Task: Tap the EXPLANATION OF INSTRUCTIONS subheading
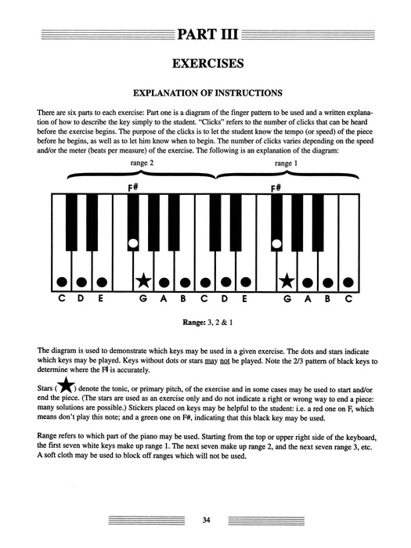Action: tap(205, 93)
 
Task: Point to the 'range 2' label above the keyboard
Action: tap(142, 162)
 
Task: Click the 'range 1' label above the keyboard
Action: tap(286, 162)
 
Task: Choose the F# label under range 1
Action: tap(276, 189)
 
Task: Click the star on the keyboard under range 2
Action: tap(143, 279)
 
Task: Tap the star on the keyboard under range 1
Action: tap(287, 279)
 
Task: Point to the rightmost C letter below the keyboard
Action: tap(348, 298)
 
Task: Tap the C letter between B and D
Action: tap(204, 298)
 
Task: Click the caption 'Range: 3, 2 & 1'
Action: tap(205, 321)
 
